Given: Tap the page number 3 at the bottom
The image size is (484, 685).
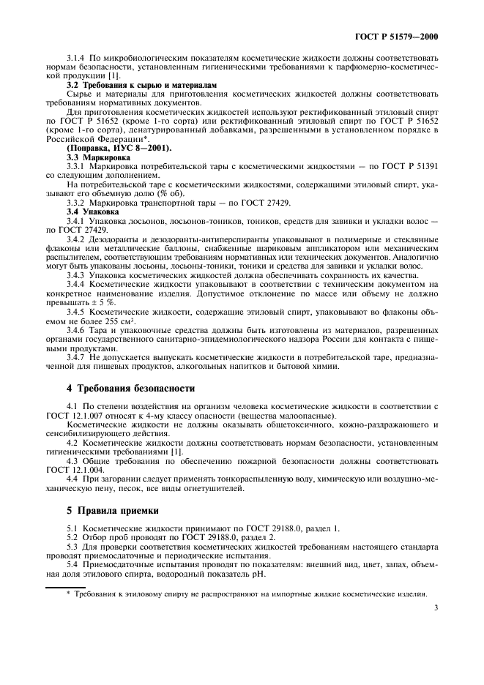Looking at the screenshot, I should click(435, 607).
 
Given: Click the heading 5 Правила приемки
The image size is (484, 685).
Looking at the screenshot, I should click(108, 511).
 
